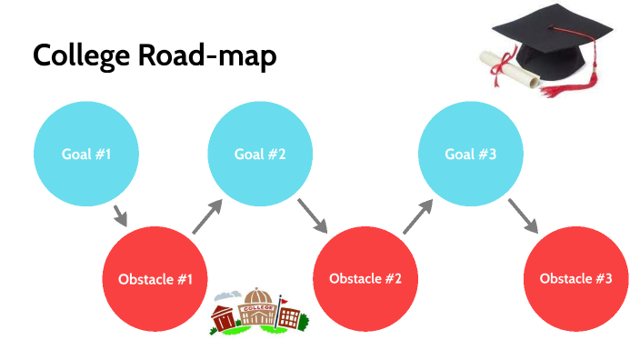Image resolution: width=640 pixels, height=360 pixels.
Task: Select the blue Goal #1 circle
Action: pos(86,154)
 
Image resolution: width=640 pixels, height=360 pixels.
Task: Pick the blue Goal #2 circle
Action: pos(261,154)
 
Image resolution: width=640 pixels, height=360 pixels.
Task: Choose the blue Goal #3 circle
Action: pos(470,154)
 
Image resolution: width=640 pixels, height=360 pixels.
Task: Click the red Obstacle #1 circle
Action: pos(155,278)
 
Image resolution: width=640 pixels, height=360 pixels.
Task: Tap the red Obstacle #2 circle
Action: pos(365,278)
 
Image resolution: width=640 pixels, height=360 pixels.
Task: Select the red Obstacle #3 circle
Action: pos(575,278)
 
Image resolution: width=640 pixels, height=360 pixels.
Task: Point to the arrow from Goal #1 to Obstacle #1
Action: pos(119,216)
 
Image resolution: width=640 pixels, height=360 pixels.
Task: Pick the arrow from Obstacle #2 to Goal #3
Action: pos(416,217)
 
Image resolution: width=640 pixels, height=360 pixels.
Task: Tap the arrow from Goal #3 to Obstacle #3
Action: pos(523,215)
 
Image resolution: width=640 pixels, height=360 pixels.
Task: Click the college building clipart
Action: pos(258,312)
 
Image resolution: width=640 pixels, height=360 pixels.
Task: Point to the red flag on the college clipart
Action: pos(283,299)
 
